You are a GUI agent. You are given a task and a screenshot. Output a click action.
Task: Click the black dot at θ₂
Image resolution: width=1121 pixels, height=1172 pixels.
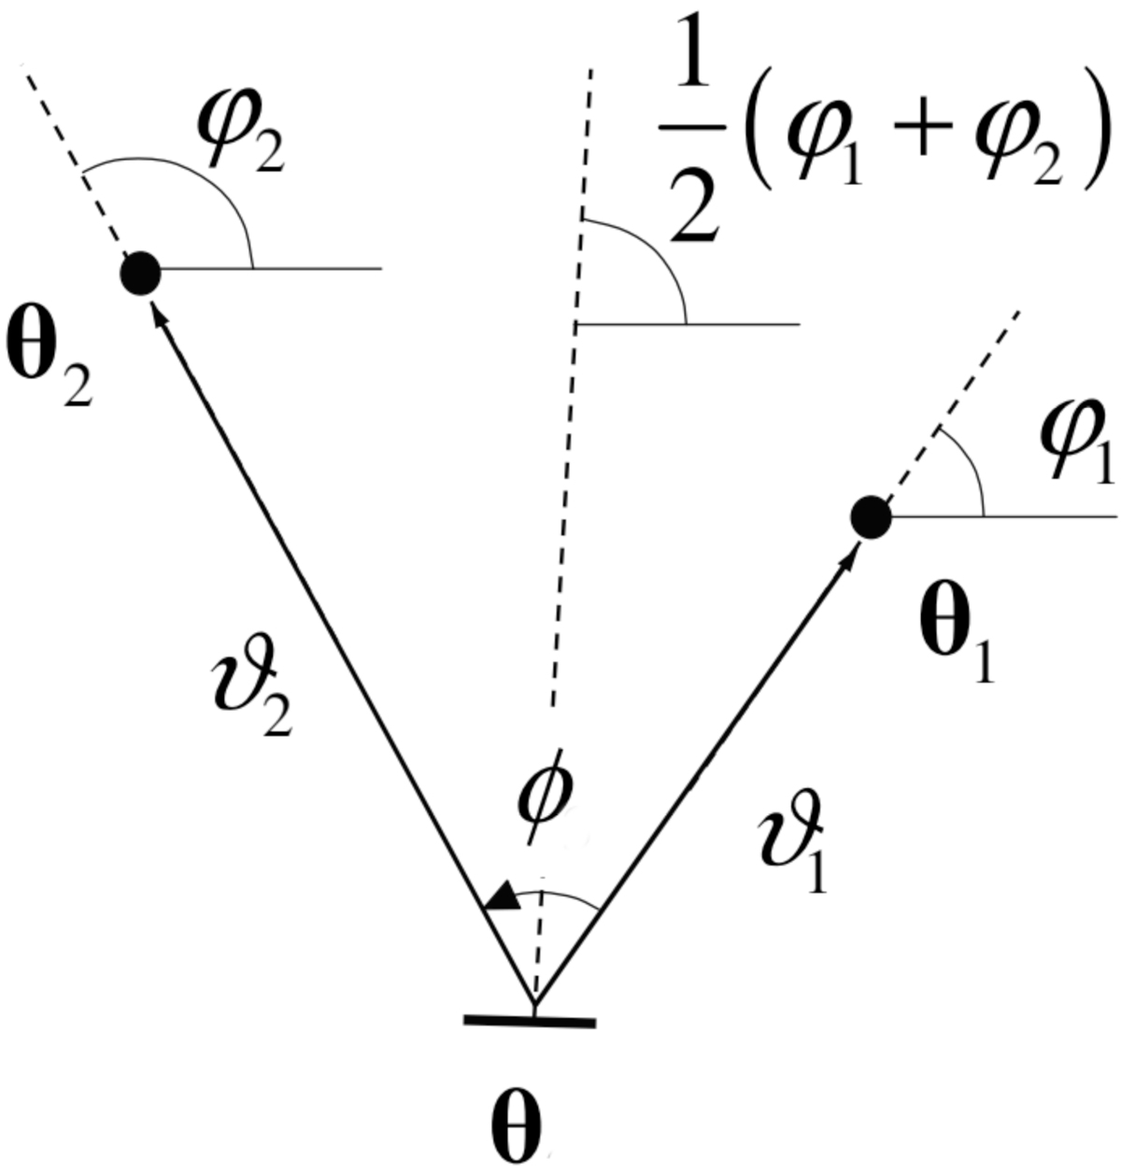140,274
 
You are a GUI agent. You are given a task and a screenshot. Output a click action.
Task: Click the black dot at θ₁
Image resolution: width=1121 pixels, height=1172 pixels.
871,517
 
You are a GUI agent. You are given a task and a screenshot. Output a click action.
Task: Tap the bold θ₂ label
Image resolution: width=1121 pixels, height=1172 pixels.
49,360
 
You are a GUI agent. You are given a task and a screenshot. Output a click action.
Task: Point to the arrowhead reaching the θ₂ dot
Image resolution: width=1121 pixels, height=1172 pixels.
161,313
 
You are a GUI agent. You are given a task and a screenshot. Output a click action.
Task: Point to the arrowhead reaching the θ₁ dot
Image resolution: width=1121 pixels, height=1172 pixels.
848,553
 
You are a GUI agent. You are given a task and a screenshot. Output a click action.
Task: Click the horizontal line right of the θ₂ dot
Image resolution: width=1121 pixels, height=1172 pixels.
271,267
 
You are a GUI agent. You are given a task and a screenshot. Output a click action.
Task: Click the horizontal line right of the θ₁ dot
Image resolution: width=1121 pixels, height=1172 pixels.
1004,516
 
